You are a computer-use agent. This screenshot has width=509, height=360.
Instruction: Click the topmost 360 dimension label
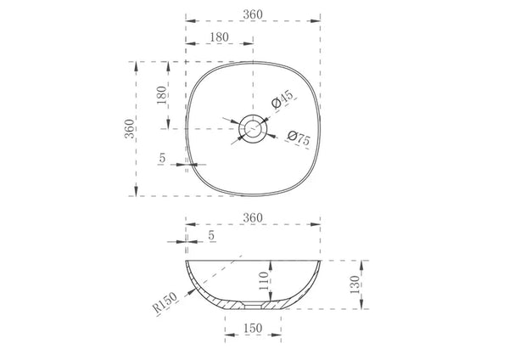(x=253, y=14)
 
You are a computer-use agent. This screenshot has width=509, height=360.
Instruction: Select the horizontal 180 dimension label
(x=219, y=37)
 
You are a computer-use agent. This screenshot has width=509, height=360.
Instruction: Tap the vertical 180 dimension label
(x=161, y=95)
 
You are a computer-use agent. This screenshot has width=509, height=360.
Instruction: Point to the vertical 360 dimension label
(x=129, y=129)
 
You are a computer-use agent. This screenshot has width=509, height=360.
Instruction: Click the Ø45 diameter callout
(x=282, y=98)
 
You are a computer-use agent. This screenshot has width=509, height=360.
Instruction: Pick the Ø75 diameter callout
(x=299, y=138)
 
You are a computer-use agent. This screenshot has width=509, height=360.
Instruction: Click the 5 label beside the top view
(x=162, y=158)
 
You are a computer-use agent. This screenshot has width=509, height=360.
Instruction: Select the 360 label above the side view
(x=253, y=217)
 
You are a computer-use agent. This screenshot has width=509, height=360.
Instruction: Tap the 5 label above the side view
(x=211, y=235)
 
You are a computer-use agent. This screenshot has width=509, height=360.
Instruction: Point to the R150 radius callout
(x=165, y=302)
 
